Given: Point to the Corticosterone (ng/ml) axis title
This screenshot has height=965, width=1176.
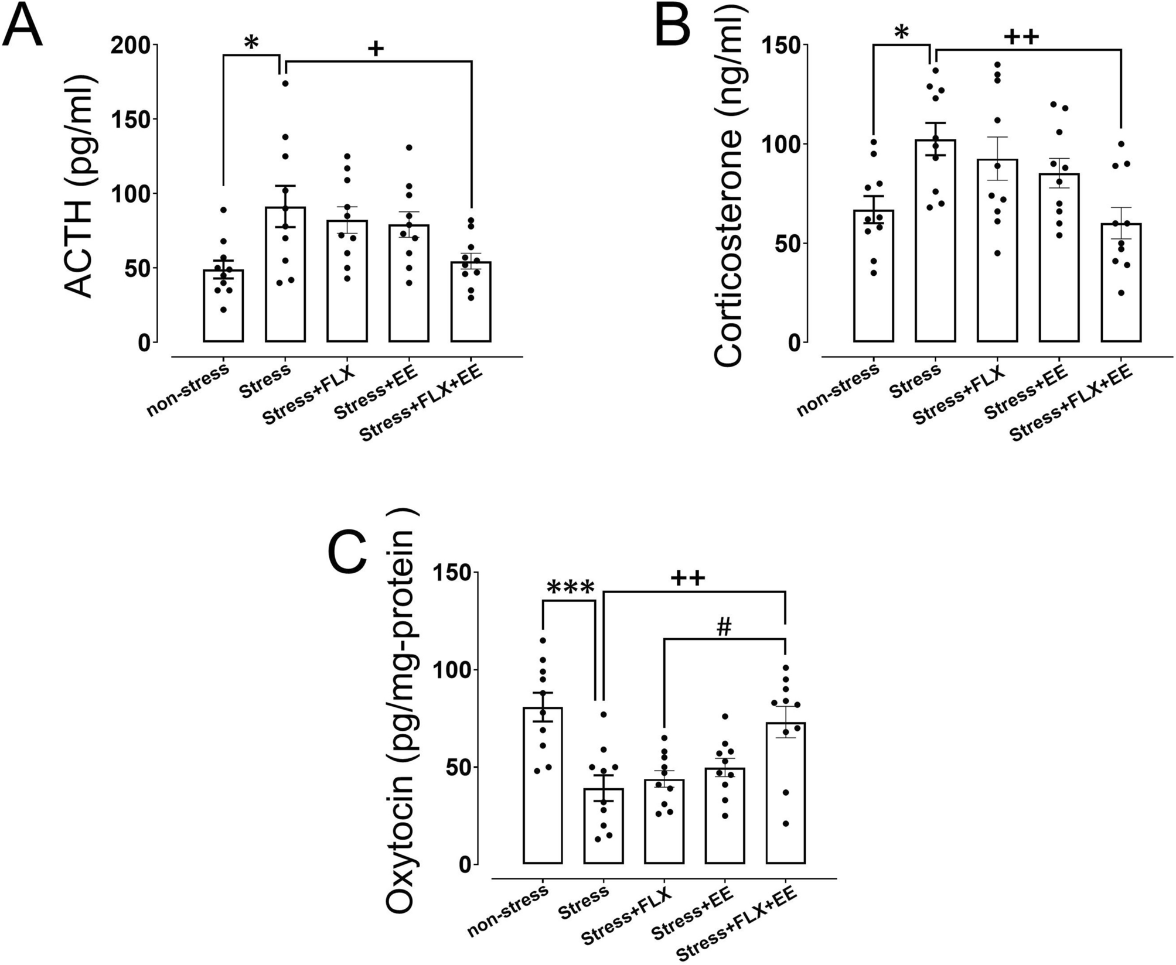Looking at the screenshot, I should coord(728,193).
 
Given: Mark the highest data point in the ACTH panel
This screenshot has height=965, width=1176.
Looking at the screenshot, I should coord(285,83).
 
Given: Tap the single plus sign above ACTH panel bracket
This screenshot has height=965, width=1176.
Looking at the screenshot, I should coord(376,49).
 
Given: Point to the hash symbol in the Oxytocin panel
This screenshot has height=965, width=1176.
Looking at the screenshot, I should coord(724,628).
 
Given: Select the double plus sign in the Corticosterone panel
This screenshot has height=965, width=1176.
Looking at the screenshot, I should coord(1021,37).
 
